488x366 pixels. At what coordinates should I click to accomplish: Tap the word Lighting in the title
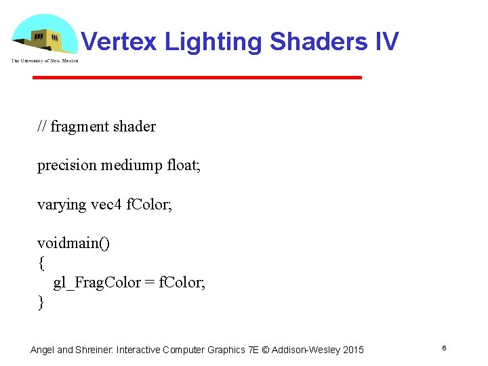click(214, 42)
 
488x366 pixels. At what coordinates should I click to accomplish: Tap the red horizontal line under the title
click(197, 78)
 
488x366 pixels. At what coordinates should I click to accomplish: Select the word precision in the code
click(67, 165)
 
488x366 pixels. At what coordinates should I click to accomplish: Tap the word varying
click(62, 204)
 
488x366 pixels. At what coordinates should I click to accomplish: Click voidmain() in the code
click(73, 243)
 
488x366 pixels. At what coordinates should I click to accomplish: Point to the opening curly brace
click(41, 263)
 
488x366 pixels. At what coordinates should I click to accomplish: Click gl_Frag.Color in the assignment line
click(97, 283)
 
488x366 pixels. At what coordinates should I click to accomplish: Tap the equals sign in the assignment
click(149, 283)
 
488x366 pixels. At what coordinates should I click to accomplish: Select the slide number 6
click(443, 348)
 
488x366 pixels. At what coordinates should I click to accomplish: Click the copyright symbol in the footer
click(266, 350)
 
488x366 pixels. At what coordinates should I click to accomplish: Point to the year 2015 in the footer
click(352, 350)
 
